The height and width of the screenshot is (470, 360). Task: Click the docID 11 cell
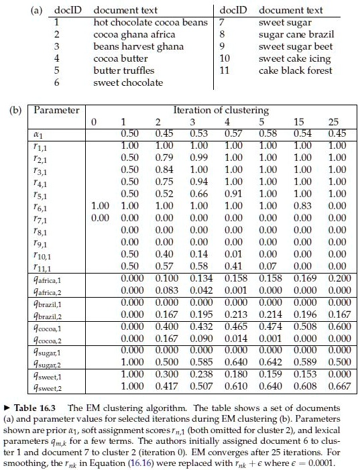[226, 70]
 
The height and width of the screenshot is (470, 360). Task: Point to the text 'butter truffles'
[123, 70]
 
